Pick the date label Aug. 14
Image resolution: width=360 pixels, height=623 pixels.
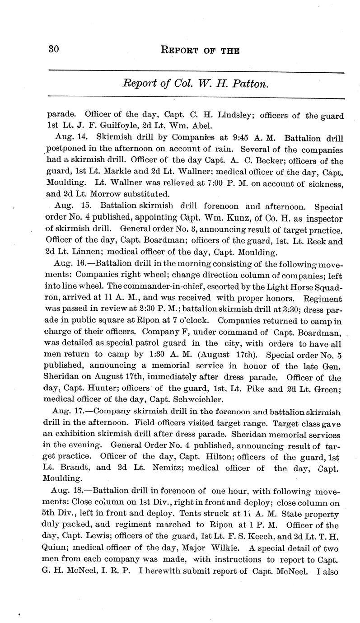coord(67,138)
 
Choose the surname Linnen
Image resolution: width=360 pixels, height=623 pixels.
coord(92,253)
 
